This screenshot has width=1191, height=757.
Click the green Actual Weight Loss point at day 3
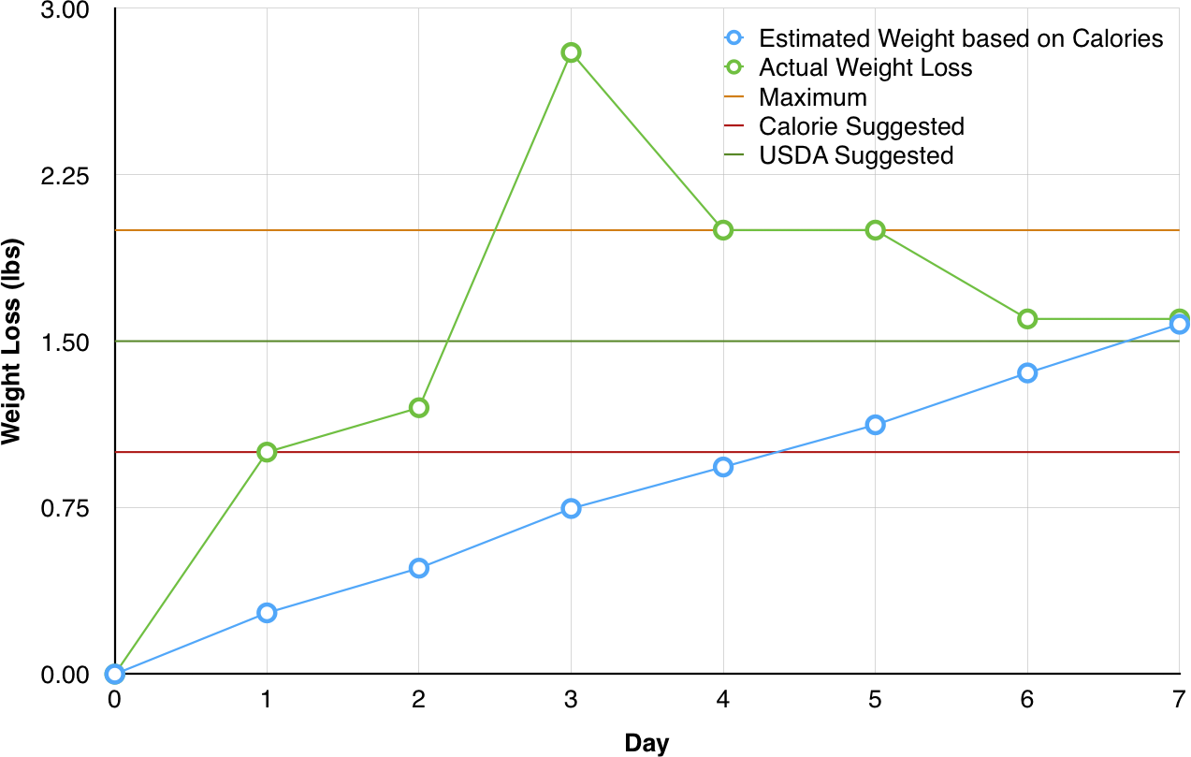pos(571,52)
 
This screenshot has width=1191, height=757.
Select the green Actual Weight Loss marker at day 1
pos(267,452)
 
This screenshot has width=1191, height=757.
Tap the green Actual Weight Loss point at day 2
pos(419,407)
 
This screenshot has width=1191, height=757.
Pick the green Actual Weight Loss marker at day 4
pos(723,230)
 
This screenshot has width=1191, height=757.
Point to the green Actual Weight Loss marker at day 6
pos(1027,319)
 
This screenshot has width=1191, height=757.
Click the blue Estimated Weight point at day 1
pos(267,613)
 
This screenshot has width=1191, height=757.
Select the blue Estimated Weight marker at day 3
pos(571,508)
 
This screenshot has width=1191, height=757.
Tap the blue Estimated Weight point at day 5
pos(875,425)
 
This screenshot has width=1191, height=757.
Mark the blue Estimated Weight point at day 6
pos(1027,372)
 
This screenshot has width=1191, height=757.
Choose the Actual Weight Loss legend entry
pos(865,67)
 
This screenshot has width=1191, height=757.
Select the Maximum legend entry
pos(813,96)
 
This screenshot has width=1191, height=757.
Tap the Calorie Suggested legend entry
pos(862,125)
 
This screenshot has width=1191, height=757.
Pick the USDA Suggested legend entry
pos(856,154)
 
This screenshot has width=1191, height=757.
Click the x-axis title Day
pos(646,744)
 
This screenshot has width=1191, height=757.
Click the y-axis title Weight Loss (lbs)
pos(12,342)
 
